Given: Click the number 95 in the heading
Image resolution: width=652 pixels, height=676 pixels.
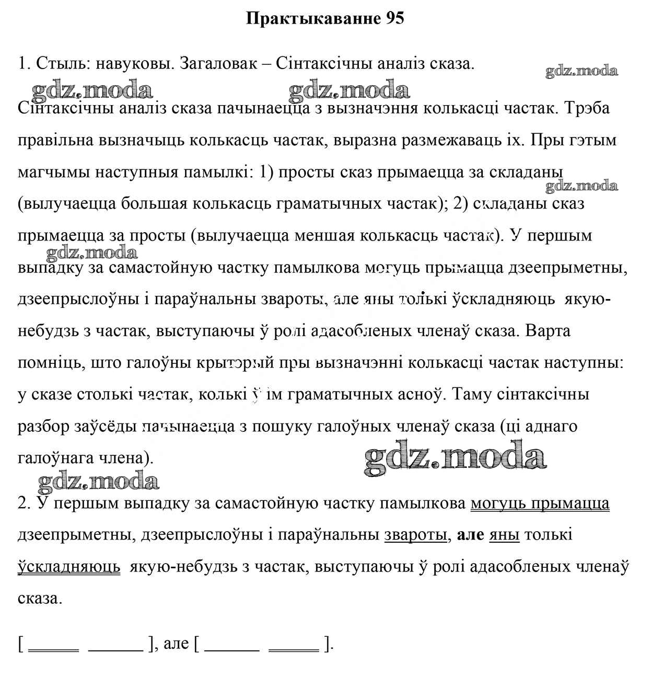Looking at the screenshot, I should pyautogui.click(x=395, y=18).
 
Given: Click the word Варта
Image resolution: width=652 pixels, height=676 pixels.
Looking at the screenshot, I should pyautogui.click(x=549, y=330).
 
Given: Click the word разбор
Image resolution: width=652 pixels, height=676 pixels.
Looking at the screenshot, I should pyautogui.click(x=43, y=426).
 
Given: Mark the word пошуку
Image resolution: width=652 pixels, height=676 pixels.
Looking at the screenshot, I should pyautogui.click(x=282, y=426).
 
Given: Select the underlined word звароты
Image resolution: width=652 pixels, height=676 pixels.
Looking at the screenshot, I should pyautogui.click(x=415, y=535).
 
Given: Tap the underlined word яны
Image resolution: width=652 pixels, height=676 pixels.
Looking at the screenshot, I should pyautogui.click(x=504, y=535).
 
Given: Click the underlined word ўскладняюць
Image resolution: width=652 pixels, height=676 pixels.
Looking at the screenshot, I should pyautogui.click(x=69, y=567).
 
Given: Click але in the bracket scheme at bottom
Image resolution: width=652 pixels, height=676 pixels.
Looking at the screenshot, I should pyautogui.click(x=176, y=644).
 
